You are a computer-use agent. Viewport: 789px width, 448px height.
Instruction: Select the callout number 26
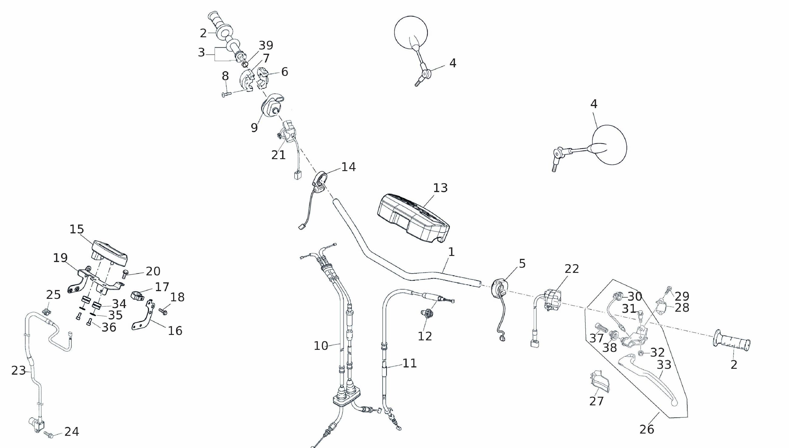[647, 429]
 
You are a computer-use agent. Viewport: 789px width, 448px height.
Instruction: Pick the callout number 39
[266, 45]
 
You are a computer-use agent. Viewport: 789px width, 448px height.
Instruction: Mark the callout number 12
[425, 336]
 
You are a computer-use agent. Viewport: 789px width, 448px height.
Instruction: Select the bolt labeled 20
[125, 274]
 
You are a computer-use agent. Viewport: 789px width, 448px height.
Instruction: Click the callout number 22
[572, 269]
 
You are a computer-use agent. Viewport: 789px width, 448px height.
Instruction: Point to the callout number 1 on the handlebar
[451, 252]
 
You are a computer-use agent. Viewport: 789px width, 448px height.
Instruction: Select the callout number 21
[278, 155]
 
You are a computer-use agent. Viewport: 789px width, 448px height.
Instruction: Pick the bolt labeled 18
[163, 312]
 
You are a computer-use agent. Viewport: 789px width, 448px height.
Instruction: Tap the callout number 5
[522, 264]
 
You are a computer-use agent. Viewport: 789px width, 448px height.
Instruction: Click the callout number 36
[109, 327]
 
